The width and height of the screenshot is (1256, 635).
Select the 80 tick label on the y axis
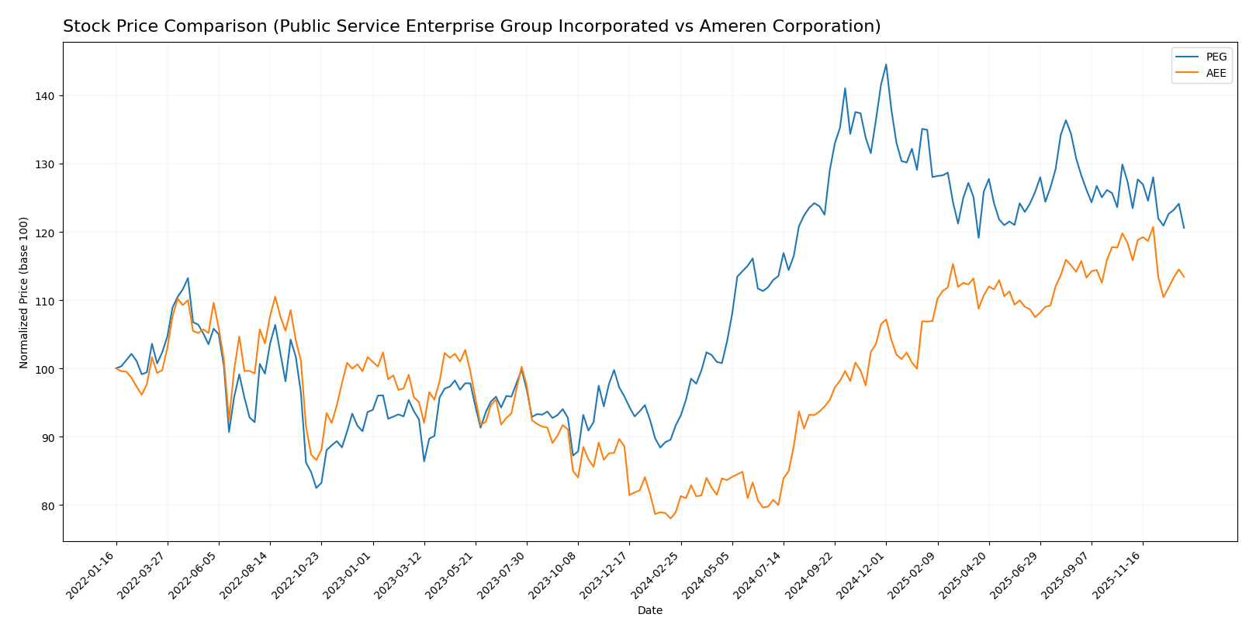pyautogui.click(x=48, y=506)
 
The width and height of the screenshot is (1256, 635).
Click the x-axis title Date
pyautogui.click(x=649, y=611)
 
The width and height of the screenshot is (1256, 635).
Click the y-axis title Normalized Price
pyautogui.click(x=24, y=292)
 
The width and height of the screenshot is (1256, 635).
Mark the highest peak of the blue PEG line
pyautogui.click(x=886, y=64)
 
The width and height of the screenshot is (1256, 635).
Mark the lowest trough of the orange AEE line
pyautogui.click(x=670, y=518)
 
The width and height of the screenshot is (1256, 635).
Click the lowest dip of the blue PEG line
pyautogui.click(x=317, y=488)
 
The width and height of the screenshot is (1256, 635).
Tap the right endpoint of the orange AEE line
pyautogui.click(x=1183, y=277)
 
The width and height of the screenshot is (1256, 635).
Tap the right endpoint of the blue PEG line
pyautogui.click(x=1183, y=228)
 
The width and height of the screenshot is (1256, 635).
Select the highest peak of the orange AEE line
pyautogui.click(x=1153, y=227)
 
